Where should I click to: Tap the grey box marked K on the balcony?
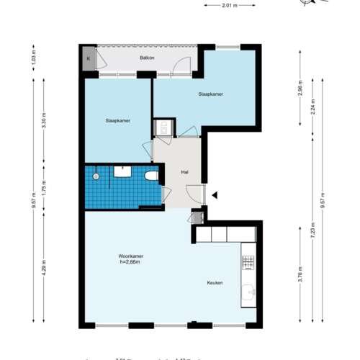pyautogui.click(x=89, y=58)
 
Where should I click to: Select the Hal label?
pyautogui.click(x=174, y=171)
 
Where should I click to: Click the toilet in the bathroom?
pyautogui.click(x=151, y=176)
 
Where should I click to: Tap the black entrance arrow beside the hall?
pyautogui.click(x=214, y=193)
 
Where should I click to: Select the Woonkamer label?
pyautogui.click(x=132, y=256)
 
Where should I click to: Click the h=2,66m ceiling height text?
pyautogui.click(x=132, y=263)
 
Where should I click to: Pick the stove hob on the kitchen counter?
pyautogui.click(x=249, y=261)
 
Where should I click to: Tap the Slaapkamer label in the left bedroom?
pyautogui.click(x=117, y=121)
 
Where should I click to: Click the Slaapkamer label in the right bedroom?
pyautogui.click(x=211, y=94)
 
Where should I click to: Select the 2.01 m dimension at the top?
pyautogui.click(x=229, y=6)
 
